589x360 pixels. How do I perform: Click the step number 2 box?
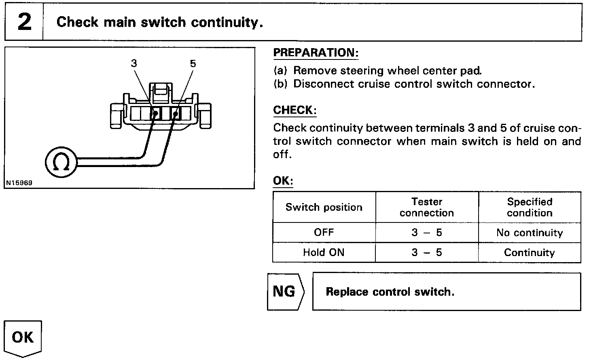click(24, 22)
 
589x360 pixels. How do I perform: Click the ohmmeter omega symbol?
click(61, 163)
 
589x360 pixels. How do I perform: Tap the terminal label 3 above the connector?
click(134, 63)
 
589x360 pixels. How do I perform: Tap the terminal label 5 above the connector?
click(193, 63)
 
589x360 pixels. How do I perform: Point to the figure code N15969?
click(19, 183)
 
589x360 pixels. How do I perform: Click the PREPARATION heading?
click(316, 53)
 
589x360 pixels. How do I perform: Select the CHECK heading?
click(294, 110)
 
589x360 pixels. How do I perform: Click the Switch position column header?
click(324, 208)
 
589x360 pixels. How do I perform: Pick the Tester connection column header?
click(427, 207)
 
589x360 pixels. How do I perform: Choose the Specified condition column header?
click(530, 207)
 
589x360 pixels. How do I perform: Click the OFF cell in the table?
click(324, 233)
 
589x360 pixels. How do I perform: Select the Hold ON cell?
click(324, 253)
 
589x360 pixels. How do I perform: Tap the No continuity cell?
click(530, 233)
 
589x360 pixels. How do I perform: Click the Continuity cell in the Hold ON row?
click(530, 253)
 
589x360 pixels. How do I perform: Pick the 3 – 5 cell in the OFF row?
click(427, 233)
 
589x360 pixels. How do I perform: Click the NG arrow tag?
click(285, 292)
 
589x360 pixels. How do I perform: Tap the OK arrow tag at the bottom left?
click(23, 337)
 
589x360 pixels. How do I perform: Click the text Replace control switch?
click(390, 292)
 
